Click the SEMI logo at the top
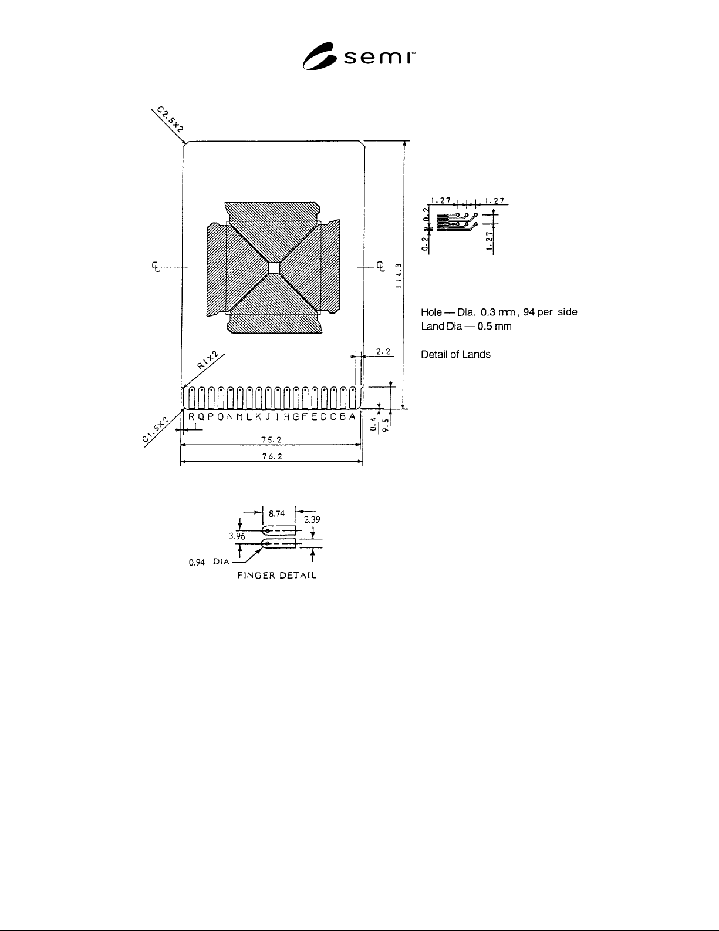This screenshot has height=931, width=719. [359, 56]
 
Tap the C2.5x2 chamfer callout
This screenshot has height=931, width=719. [170, 119]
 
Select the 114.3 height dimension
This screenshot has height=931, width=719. [399, 275]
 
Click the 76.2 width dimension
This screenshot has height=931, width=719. [272, 457]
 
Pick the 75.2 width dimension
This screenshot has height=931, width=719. [271, 440]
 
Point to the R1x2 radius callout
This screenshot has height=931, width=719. [208, 359]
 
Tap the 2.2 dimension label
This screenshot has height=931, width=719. [383, 352]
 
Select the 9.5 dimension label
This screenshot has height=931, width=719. [386, 425]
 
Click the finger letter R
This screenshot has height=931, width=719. [191, 416]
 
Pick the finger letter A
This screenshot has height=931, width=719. [352, 416]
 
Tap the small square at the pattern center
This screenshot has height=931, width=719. [274, 267]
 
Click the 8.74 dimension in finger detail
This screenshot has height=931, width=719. [276, 513]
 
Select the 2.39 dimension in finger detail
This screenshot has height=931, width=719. [312, 519]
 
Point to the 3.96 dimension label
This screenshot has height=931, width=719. [237, 536]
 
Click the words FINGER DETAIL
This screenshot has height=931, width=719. [277, 576]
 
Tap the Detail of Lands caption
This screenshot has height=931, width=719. [456, 354]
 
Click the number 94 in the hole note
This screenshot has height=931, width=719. [529, 312]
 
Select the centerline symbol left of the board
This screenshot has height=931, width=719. [156, 267]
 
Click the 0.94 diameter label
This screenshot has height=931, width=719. [197, 563]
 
